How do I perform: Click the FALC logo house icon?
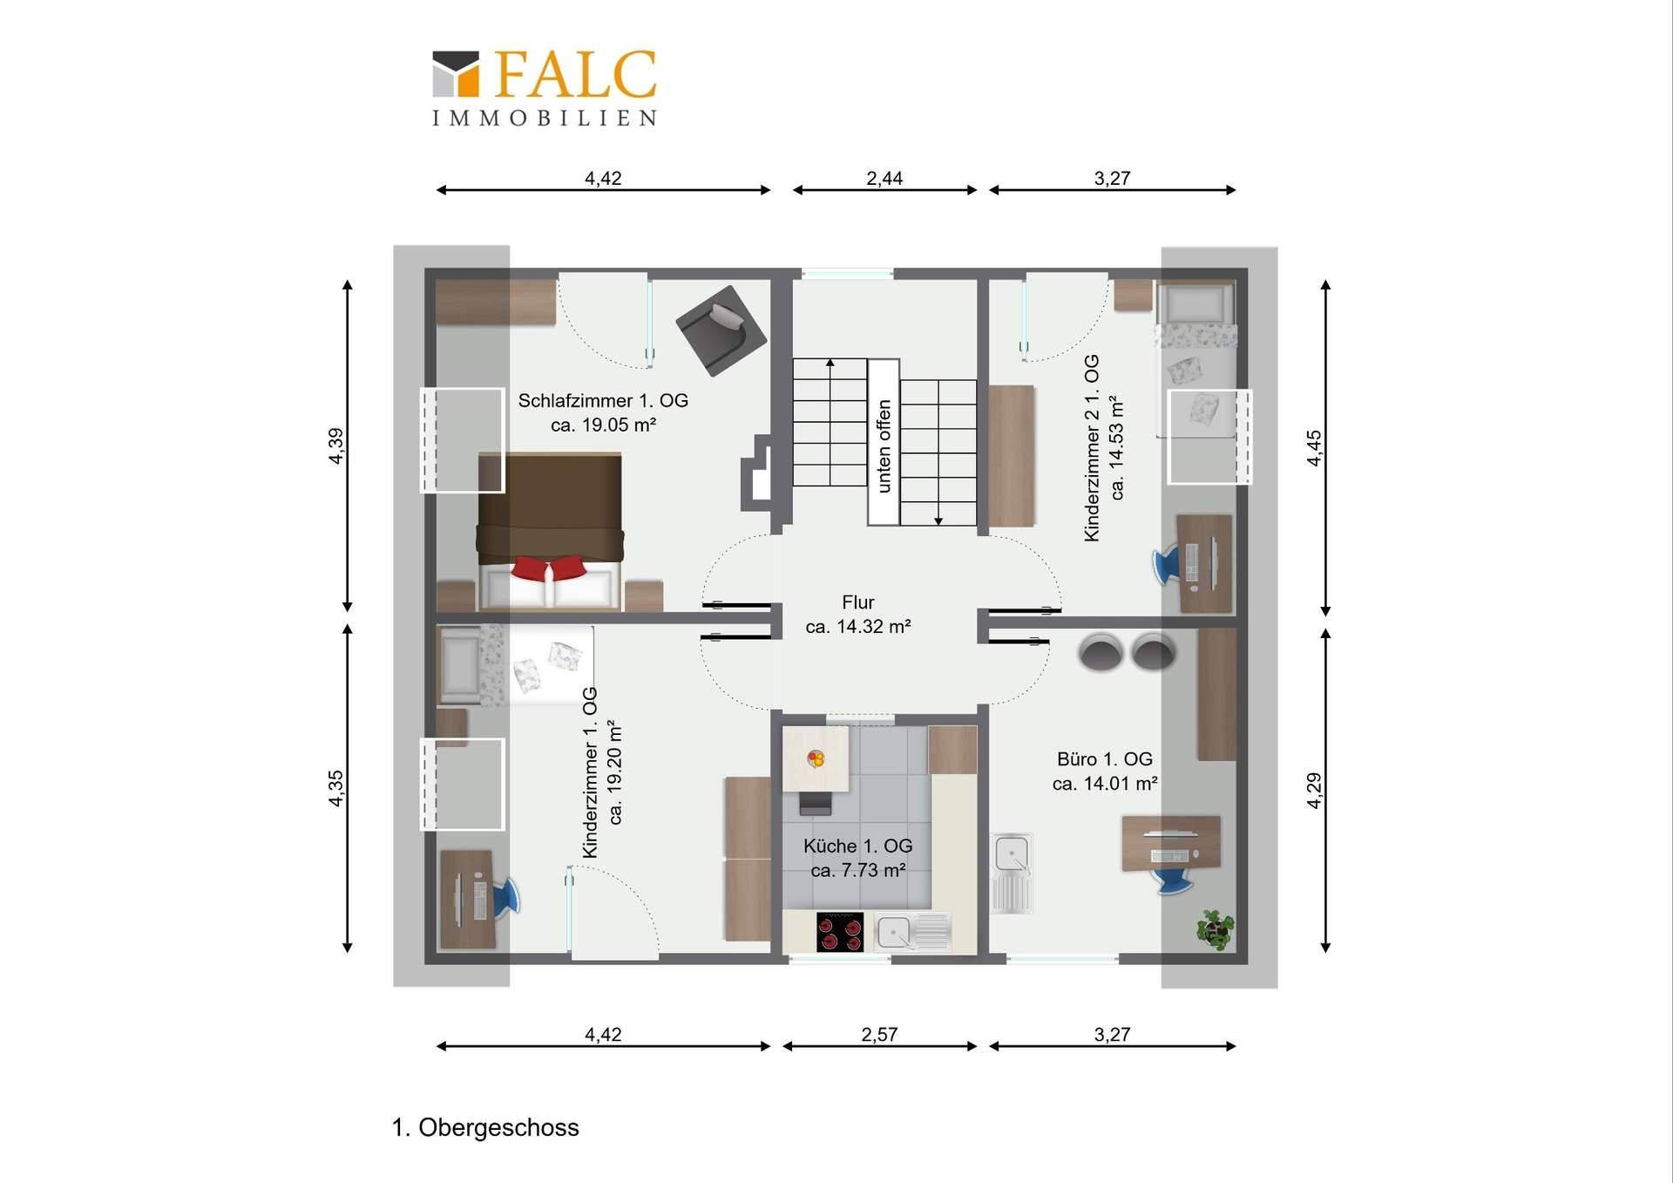pyautogui.click(x=456, y=73)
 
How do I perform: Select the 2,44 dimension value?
pyautogui.click(x=884, y=178)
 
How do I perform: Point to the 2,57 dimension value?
pyautogui.click(x=879, y=1034)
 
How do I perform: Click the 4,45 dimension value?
pyautogui.click(x=1313, y=447)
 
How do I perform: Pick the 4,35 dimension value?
pyautogui.click(x=335, y=788)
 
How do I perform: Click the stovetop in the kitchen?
pyautogui.click(x=840, y=932)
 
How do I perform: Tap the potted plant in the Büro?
pyautogui.click(x=1216, y=928)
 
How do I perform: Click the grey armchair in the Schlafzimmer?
pyautogui.click(x=721, y=330)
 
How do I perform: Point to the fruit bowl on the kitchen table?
pyautogui.click(x=816, y=758)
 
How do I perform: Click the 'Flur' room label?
pyautogui.click(x=858, y=602)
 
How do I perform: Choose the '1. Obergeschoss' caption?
pyautogui.click(x=485, y=1127)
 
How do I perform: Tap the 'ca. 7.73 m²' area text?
pyautogui.click(x=858, y=870)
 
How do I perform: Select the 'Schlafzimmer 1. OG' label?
pyautogui.click(x=603, y=400)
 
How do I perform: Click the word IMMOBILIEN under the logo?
pyautogui.click(x=545, y=118)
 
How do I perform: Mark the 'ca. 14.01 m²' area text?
pyautogui.click(x=1105, y=784)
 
